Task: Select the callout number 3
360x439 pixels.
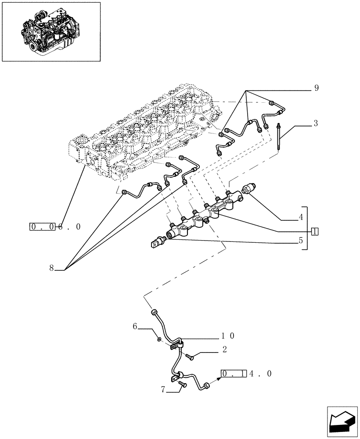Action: (x=316, y=124)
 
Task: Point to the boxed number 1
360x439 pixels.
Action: (x=314, y=231)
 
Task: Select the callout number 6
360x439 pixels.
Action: (x=135, y=326)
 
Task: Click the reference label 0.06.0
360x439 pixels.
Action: (x=55, y=227)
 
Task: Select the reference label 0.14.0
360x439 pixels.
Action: (x=246, y=374)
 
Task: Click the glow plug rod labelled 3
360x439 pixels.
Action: (x=279, y=137)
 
